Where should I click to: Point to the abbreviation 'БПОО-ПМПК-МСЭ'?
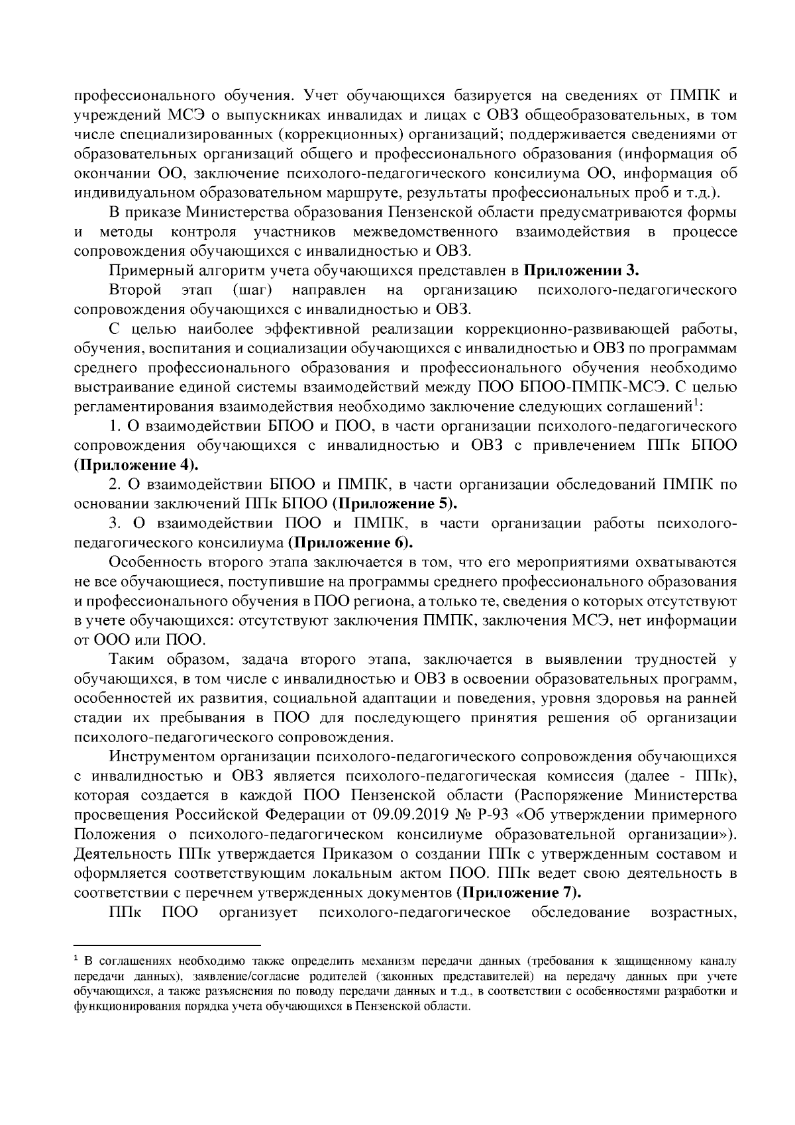point(609,387)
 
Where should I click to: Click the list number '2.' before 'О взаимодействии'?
point(114,484)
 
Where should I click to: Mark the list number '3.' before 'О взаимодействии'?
point(114,524)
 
